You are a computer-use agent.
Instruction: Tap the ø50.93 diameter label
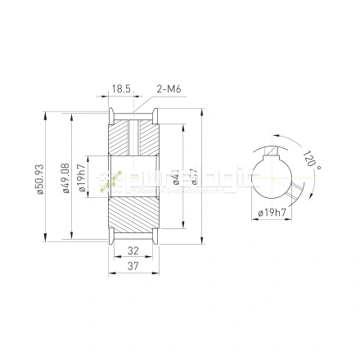(x=39, y=181)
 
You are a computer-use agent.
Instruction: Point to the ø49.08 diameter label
(x=66, y=181)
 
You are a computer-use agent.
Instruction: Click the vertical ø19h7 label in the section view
(x=82, y=179)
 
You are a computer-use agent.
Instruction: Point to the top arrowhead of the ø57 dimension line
(x=201, y=113)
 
